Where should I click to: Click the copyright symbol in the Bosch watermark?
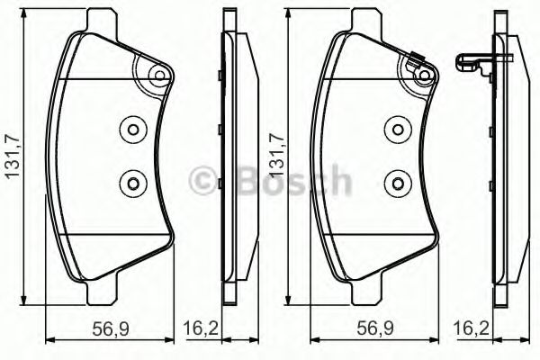point(202,182)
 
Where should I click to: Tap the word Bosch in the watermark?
point(287,181)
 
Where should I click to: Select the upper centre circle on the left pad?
point(133,129)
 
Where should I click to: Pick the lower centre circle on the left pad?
point(133,184)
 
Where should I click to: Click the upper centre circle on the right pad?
point(394,129)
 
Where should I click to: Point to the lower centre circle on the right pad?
point(394,184)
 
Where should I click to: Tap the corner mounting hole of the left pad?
point(158,76)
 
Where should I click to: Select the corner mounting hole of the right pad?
point(420,76)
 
